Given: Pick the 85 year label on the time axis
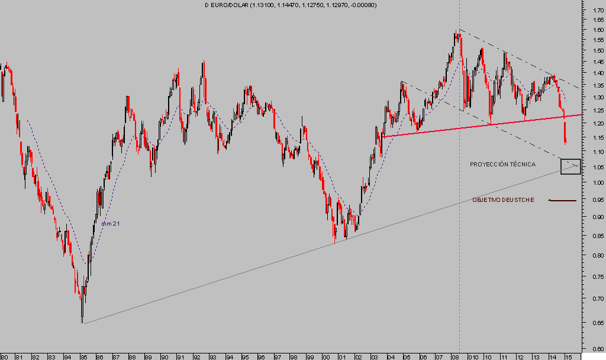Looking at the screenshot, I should (84, 357).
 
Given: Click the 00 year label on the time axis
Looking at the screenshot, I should (325, 357).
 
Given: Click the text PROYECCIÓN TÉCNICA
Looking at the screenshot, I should (502, 164).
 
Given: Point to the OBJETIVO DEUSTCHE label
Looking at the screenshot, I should (503, 200).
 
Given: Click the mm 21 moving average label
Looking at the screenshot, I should (110, 223).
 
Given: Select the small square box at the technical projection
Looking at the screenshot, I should (570, 166).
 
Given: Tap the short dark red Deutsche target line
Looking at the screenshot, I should (562, 201).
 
